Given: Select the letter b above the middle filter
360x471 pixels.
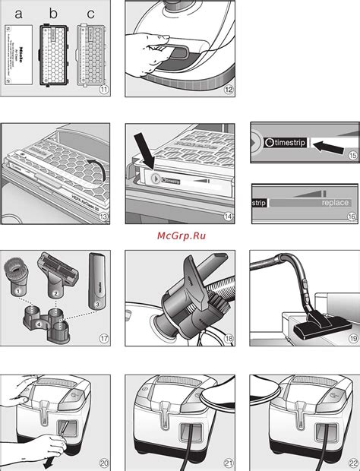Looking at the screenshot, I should [x=52, y=11].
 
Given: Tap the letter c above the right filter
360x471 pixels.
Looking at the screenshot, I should [x=91, y=11].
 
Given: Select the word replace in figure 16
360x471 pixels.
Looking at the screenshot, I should [x=334, y=204].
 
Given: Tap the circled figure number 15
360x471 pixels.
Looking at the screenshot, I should [x=350, y=157].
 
